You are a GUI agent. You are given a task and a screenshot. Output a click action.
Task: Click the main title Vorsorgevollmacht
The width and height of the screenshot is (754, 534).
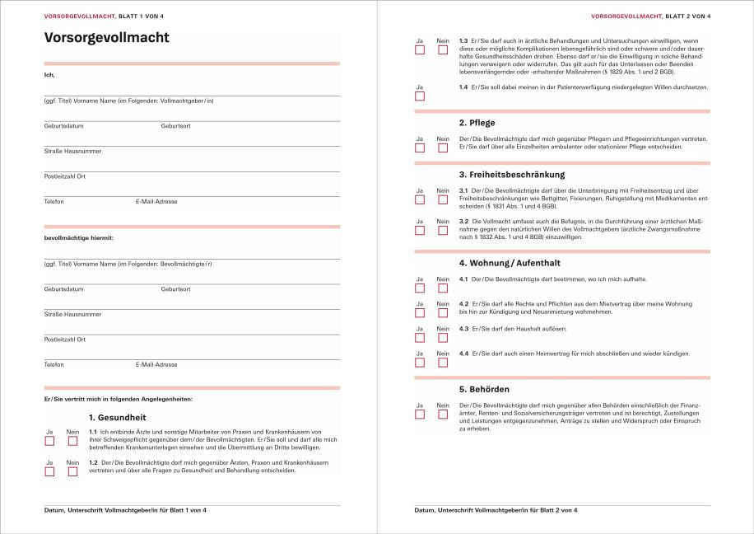(x=106, y=38)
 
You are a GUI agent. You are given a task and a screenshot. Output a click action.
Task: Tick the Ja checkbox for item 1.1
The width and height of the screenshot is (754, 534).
(x=49, y=441)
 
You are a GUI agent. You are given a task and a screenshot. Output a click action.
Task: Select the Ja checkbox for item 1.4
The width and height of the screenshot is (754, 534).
(x=420, y=96)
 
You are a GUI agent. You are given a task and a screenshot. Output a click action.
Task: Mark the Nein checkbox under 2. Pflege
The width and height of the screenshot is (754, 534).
(x=443, y=148)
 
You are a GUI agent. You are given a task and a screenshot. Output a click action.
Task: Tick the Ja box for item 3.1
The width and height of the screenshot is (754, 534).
(x=420, y=199)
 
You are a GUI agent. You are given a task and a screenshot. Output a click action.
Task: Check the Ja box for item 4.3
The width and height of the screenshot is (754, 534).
(x=420, y=338)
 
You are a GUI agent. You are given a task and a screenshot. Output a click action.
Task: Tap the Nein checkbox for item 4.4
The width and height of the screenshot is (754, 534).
(x=443, y=363)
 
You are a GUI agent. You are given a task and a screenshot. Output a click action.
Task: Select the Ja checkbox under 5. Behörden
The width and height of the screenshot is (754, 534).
(x=420, y=415)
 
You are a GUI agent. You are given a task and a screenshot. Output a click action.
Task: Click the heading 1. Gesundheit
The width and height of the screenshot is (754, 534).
(x=117, y=417)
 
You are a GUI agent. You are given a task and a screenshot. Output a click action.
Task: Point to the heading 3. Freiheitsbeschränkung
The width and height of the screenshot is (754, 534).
(x=511, y=175)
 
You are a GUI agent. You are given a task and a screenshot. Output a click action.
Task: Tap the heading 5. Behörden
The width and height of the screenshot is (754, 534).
(x=484, y=388)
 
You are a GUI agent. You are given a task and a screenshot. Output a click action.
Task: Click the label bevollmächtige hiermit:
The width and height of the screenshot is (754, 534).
(x=78, y=238)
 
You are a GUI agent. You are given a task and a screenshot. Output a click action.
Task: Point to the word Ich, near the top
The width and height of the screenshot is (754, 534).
(x=49, y=75)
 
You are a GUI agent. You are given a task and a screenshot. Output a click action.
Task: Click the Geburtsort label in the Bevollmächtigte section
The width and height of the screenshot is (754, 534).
(x=175, y=289)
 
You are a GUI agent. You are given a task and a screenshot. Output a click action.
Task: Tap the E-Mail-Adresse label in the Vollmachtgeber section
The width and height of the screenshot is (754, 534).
(x=156, y=201)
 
